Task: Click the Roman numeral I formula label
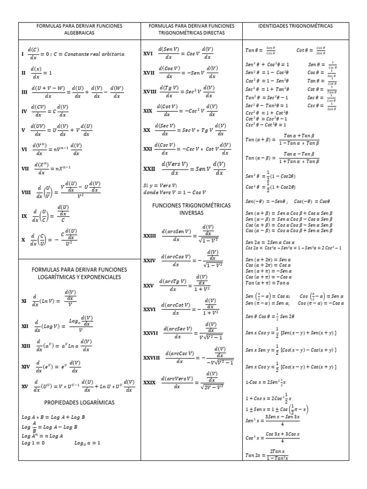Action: (22, 54)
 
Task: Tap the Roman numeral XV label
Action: (25, 385)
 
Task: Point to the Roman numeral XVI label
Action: (148, 54)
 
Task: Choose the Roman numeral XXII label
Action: (150, 169)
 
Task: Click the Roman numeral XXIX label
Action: (150, 382)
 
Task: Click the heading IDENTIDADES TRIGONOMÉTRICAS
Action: (295, 26)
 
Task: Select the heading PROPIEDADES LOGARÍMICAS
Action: (79, 403)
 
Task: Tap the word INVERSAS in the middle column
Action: (191, 213)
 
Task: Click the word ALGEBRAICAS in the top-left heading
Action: (79, 33)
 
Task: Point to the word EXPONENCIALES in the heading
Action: (98, 277)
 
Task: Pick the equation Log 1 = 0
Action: (33, 443)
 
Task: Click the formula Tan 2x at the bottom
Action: (268, 455)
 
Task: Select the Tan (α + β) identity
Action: (282, 139)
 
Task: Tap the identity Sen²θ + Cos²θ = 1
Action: (267, 64)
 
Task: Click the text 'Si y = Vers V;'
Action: (160, 185)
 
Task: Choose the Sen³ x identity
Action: (272, 420)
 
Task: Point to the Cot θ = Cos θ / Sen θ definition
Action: (311, 50)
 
